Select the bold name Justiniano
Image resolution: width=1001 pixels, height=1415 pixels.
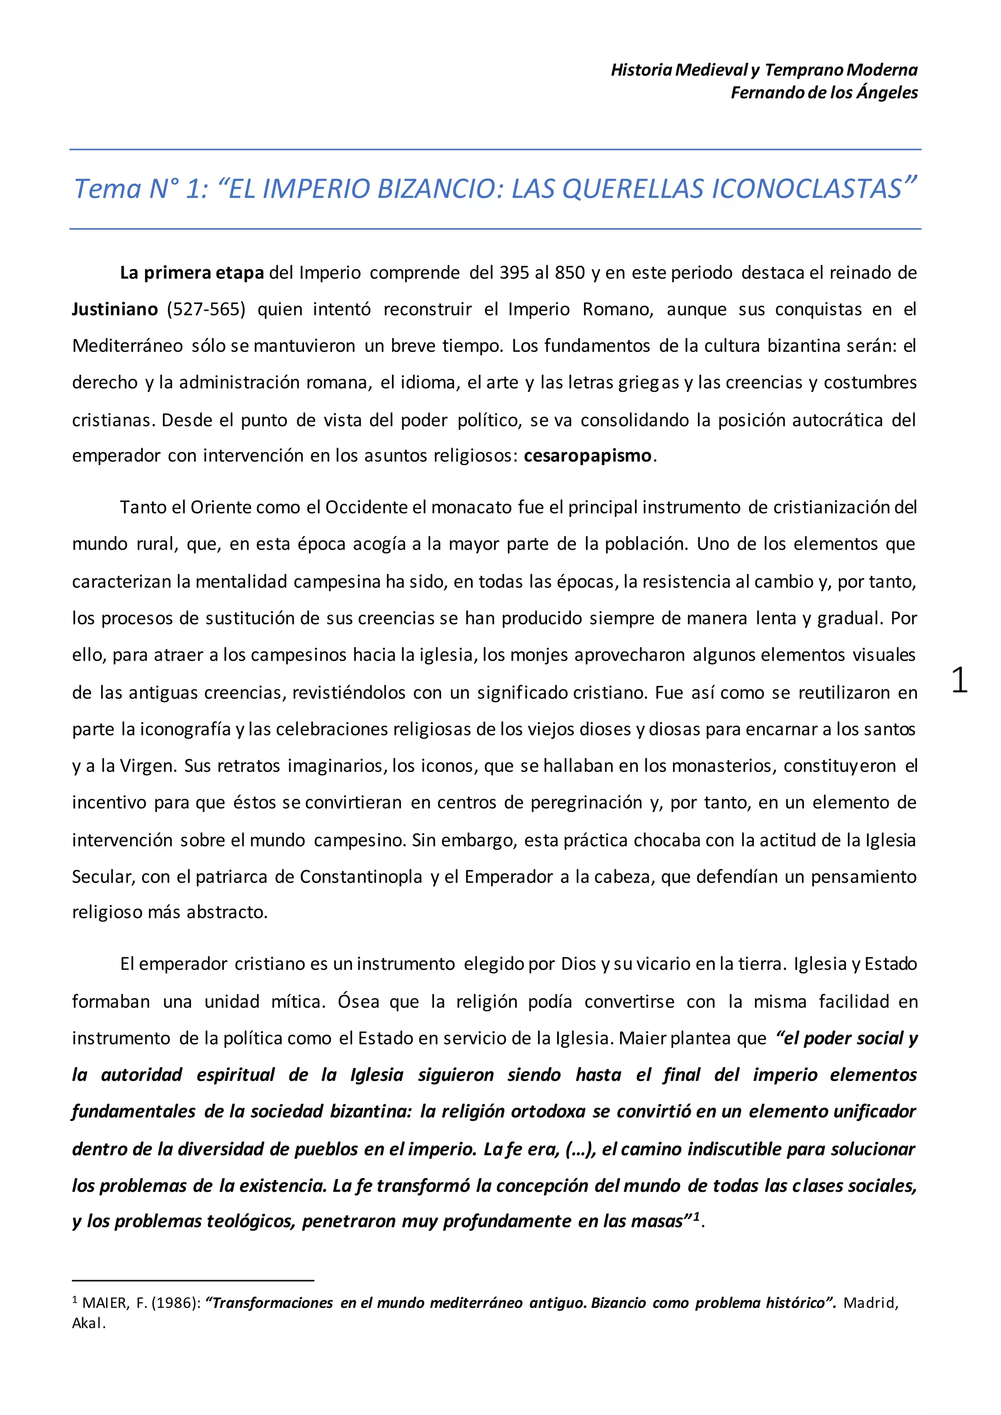115,309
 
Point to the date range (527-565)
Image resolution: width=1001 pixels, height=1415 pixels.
206,309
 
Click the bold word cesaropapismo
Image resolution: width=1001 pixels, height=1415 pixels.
588,455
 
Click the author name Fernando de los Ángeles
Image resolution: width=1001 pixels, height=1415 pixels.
824,92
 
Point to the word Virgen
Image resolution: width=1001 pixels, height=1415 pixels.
148,766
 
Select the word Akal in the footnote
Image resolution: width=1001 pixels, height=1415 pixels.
87,1323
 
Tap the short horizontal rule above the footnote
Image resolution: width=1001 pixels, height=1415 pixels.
193,1280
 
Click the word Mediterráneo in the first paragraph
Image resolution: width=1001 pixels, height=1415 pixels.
127,346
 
